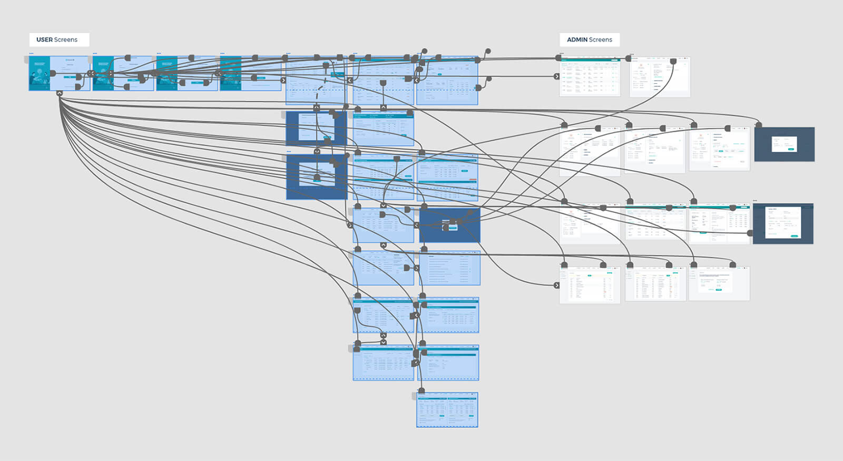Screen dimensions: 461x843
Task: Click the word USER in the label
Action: (x=44, y=40)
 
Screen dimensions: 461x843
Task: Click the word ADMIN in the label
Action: (x=577, y=40)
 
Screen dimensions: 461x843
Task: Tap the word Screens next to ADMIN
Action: (x=601, y=40)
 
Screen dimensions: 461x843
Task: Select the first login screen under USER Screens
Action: (x=59, y=73)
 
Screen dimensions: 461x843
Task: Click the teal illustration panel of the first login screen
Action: (x=40, y=73)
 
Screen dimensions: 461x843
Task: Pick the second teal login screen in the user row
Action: (x=123, y=73)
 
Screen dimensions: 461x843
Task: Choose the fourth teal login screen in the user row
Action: (x=250, y=73)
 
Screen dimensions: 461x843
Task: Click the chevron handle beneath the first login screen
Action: (x=60, y=93)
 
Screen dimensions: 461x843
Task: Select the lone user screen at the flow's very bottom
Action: (x=447, y=409)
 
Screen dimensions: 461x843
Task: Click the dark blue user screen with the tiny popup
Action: (x=450, y=225)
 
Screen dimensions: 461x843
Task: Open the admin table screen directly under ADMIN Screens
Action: (x=590, y=76)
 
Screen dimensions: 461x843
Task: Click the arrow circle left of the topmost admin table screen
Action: (x=557, y=76)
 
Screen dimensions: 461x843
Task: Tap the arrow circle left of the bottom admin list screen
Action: (x=557, y=285)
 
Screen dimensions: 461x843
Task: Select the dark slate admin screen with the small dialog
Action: (x=784, y=144)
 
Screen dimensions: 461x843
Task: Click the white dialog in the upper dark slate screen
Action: (x=784, y=144)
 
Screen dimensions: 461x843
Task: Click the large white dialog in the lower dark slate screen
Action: (x=783, y=222)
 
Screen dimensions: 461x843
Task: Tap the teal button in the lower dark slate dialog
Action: (x=794, y=236)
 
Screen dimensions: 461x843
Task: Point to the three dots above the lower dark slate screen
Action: (x=755, y=201)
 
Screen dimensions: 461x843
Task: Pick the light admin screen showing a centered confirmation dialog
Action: (x=719, y=283)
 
